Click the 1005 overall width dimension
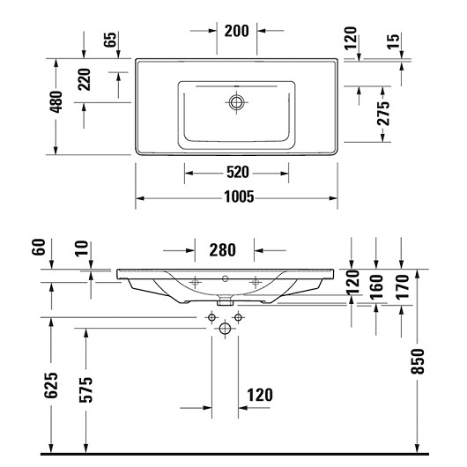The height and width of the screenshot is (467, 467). pyautogui.click(x=239, y=196)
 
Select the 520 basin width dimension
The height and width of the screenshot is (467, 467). pyautogui.click(x=238, y=172)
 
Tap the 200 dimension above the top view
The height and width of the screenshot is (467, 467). pyautogui.click(x=236, y=31)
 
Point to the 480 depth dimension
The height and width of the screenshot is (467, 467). pyautogui.click(x=56, y=102)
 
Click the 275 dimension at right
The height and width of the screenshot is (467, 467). pyautogui.click(x=383, y=113)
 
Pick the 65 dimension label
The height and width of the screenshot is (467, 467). pyautogui.click(x=109, y=40)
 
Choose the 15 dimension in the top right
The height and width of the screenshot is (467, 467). pyautogui.click(x=394, y=41)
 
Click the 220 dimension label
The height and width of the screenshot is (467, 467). pyautogui.click(x=84, y=79)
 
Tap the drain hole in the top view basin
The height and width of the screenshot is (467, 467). pyautogui.click(x=236, y=102)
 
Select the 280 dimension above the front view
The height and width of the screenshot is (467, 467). pyautogui.click(x=222, y=250)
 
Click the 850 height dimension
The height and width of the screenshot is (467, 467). pyautogui.click(x=418, y=361)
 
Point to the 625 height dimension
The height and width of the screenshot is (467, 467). pyautogui.click(x=51, y=385)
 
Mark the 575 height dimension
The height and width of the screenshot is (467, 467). pyautogui.click(x=86, y=389)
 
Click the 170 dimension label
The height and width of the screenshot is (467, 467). pyautogui.click(x=402, y=287)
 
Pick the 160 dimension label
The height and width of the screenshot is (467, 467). pyautogui.click(x=377, y=287)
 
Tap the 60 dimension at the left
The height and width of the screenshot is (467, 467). pyautogui.click(x=39, y=247)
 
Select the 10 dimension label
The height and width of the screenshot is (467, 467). pyautogui.click(x=82, y=248)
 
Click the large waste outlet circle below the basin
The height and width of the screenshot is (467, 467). pyautogui.click(x=225, y=329)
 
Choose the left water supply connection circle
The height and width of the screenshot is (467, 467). pyautogui.click(x=211, y=317)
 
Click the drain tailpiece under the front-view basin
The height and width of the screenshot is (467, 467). pyautogui.click(x=225, y=302)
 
